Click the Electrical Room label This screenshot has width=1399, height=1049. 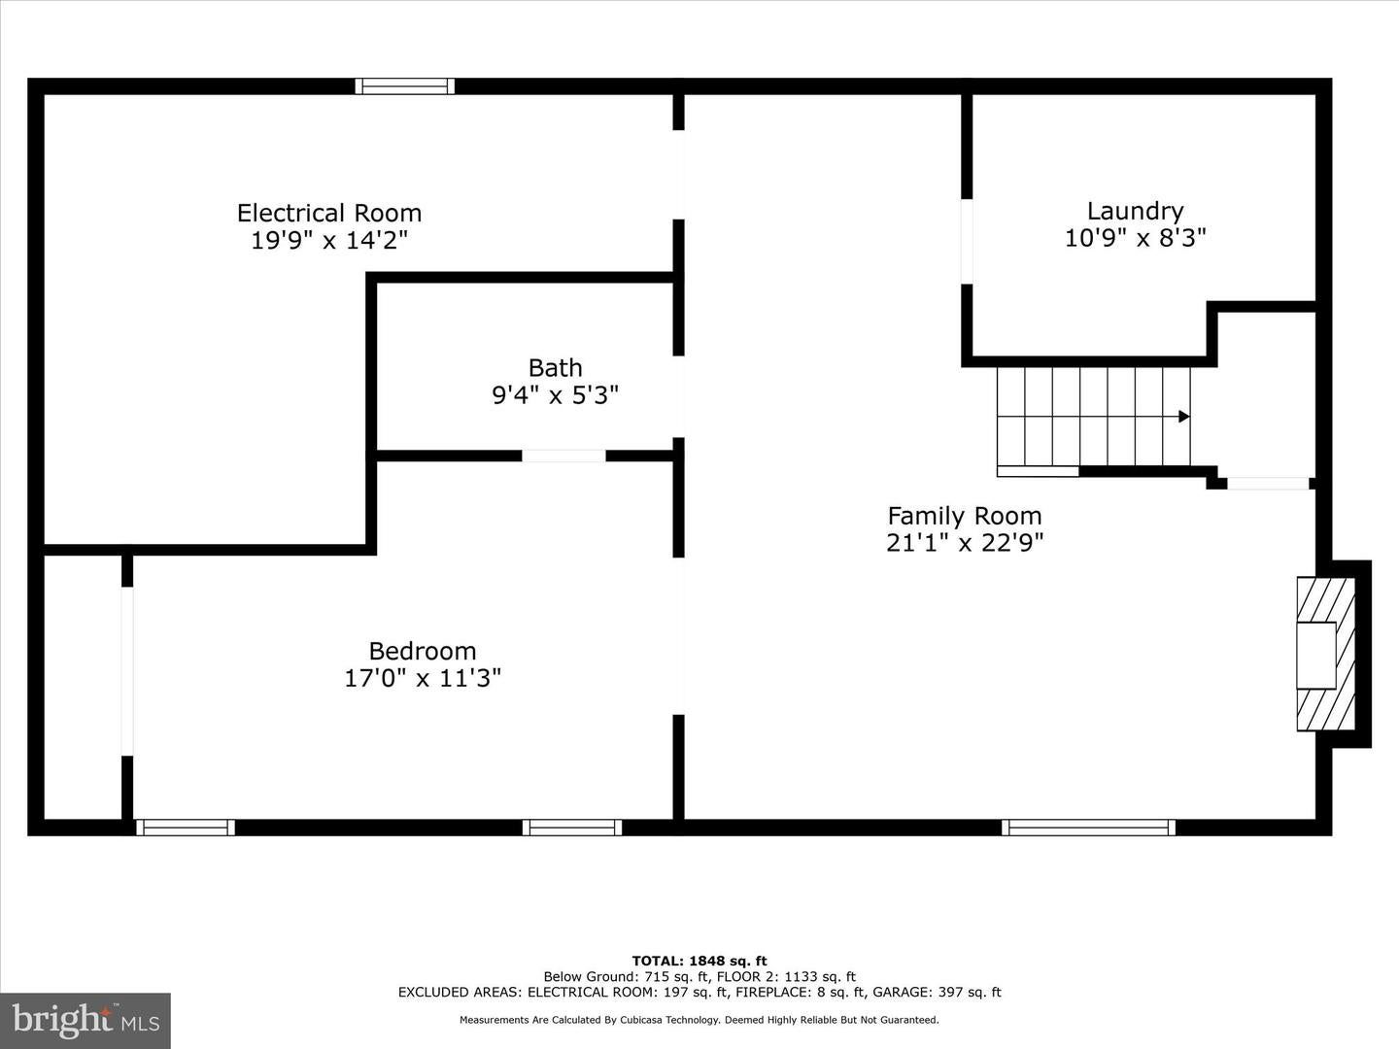point(329,213)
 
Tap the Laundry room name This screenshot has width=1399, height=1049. point(1135,212)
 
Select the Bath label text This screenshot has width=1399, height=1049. point(555,368)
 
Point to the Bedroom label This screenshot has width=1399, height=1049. point(423,651)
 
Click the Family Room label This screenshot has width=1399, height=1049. point(965,516)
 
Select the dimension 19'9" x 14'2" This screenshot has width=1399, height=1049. point(329,241)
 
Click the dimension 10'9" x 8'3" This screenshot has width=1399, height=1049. point(1135,238)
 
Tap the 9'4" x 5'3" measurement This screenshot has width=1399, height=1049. point(555,395)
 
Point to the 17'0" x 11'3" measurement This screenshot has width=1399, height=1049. point(423,678)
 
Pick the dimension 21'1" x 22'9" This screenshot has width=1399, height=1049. point(965,543)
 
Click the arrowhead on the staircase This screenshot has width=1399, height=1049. point(1184,417)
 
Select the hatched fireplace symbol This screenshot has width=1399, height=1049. point(1326,654)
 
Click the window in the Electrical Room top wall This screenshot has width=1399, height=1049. point(405,86)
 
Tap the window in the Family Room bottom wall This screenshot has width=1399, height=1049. point(1089,828)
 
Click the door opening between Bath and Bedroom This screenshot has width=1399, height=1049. point(563,456)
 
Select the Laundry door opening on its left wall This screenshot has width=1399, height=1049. point(967,242)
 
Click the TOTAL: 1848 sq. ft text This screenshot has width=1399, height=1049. point(699,962)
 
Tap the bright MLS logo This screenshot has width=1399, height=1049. point(85,1020)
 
